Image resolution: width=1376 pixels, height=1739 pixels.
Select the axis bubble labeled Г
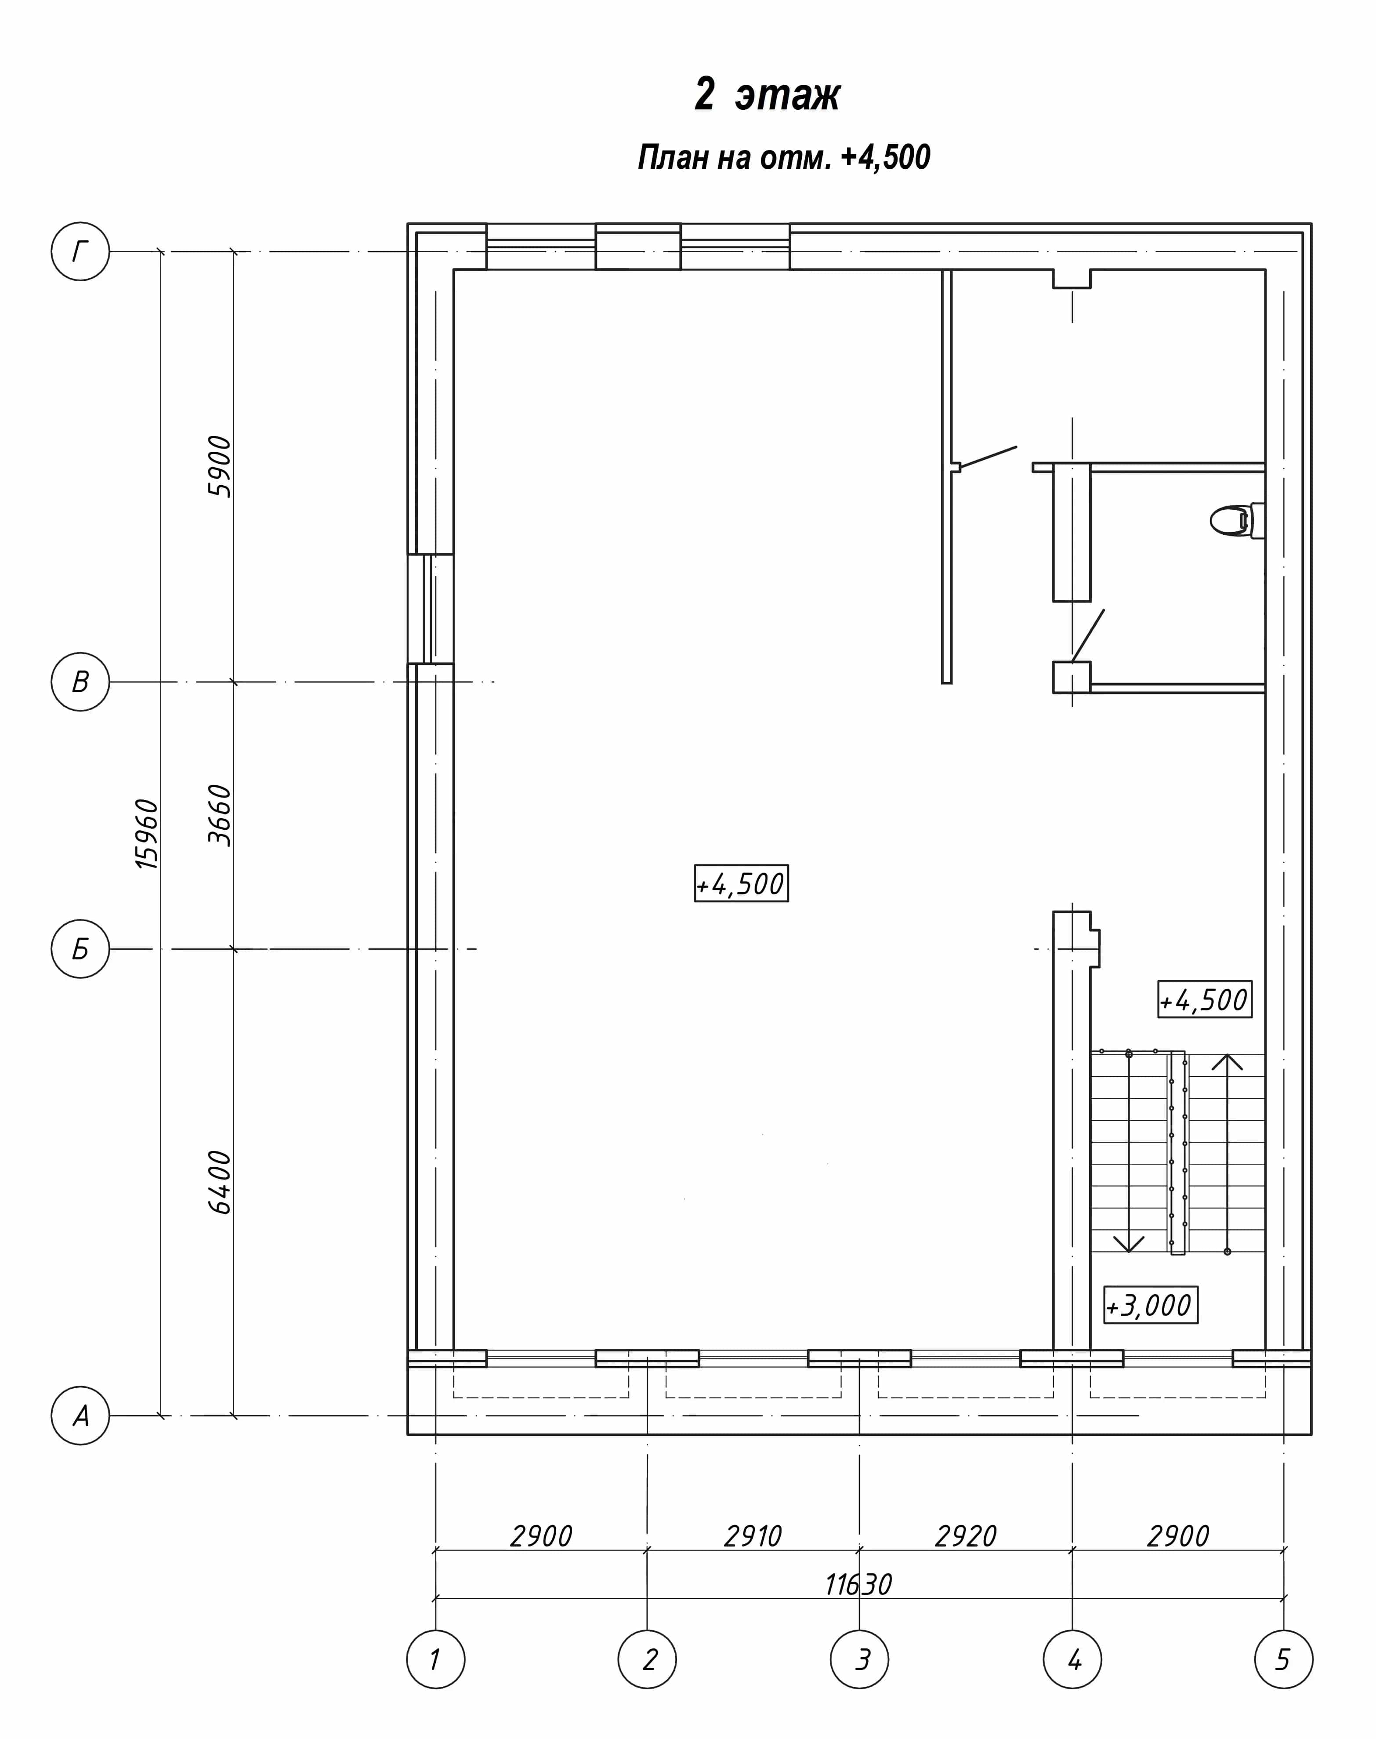coord(80,251)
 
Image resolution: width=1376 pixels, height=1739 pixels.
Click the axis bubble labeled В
coord(80,682)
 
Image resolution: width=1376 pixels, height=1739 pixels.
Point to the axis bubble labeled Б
coord(80,949)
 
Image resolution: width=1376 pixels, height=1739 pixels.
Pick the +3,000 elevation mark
coord(1151,1306)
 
